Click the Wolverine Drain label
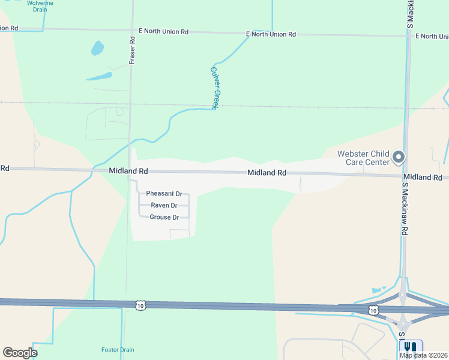[x=40, y=7]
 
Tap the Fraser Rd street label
[x=132, y=50]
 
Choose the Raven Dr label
[x=164, y=205]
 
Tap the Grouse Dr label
[x=164, y=217]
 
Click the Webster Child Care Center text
[x=363, y=158]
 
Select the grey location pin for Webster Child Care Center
[x=399, y=158]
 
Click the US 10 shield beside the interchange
[x=373, y=310]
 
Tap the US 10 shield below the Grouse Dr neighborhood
[x=140, y=305]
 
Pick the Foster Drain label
[x=118, y=350]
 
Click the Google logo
[x=20, y=353]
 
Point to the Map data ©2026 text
[x=424, y=355]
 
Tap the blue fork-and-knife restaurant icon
[x=411, y=347]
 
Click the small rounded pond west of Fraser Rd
[x=97, y=47]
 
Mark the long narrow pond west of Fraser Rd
[x=99, y=77]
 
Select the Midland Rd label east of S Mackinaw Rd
[x=423, y=178]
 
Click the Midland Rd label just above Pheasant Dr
[x=128, y=171]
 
